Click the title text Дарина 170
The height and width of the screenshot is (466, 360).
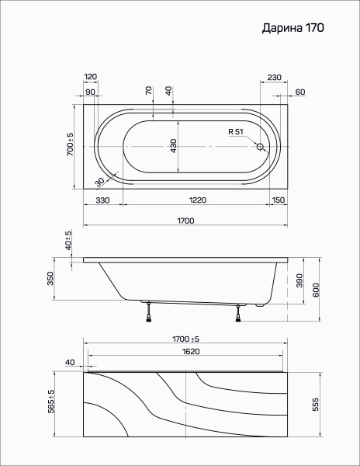pyautogui.click(x=293, y=28)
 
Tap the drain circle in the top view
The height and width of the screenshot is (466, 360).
pyautogui.click(x=260, y=147)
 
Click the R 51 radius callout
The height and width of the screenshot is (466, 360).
pyautogui.click(x=236, y=132)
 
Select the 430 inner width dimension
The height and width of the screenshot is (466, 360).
pyautogui.click(x=174, y=146)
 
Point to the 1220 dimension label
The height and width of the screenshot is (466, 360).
pyautogui.click(x=198, y=200)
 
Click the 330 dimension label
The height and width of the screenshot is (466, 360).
pyautogui.click(x=102, y=200)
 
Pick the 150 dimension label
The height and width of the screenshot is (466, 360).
pyautogui.click(x=278, y=200)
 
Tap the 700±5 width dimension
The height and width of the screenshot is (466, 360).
pyautogui.click(x=70, y=144)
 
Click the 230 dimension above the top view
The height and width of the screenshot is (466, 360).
pyautogui.click(x=274, y=77)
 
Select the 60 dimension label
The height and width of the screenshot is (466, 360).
pyautogui.click(x=300, y=92)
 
